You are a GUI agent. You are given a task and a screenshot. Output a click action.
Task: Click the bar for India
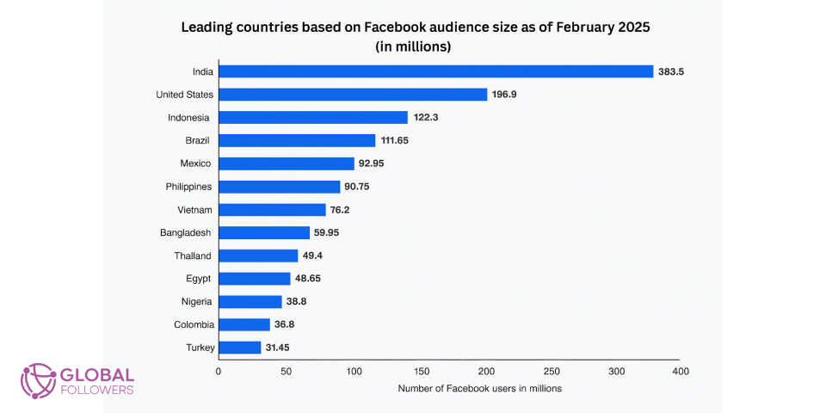click(435, 71)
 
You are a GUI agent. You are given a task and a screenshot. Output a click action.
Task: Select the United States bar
click(353, 95)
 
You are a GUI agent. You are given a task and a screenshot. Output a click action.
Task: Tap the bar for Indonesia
click(312, 118)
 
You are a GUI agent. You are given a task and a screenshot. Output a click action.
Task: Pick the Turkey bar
click(239, 348)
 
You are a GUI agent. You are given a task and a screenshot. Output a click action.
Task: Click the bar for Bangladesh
click(263, 232)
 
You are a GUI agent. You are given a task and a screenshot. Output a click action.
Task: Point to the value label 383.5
click(670, 71)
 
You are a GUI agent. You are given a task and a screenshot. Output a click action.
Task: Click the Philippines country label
click(188, 187)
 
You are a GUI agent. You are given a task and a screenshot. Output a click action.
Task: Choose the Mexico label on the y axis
click(196, 163)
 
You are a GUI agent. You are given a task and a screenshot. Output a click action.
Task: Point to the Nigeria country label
click(195, 302)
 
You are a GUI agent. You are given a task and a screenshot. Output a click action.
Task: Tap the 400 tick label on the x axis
click(680, 372)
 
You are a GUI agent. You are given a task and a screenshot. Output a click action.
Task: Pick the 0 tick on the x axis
click(218, 372)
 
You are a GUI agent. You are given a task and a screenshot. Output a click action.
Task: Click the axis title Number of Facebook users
click(479, 389)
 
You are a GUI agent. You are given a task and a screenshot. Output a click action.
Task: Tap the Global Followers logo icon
click(38, 379)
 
